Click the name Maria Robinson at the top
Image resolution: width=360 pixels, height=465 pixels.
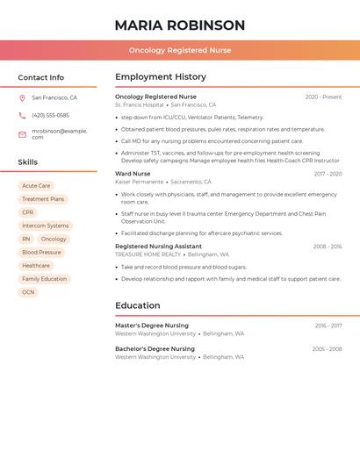(179, 25)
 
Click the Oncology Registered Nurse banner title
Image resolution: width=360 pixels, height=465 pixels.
(179, 50)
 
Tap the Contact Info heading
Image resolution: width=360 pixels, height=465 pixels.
(40, 77)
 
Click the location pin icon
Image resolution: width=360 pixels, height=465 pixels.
(23, 98)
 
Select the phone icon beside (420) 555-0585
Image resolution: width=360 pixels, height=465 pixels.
(23, 115)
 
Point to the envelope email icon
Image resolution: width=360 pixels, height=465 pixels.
(23, 133)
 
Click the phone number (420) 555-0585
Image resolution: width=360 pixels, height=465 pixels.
(50, 115)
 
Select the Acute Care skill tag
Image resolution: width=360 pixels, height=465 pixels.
(36, 186)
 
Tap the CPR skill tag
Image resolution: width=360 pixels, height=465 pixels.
(28, 212)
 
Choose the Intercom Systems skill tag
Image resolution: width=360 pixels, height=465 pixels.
(45, 225)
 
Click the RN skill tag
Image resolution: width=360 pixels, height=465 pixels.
(26, 239)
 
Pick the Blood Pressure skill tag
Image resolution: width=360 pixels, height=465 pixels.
(41, 252)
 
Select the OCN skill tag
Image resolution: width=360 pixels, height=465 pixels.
(28, 292)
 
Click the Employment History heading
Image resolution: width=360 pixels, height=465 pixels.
(161, 77)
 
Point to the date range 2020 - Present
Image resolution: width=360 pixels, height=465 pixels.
(323, 97)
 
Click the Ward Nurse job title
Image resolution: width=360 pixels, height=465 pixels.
(133, 174)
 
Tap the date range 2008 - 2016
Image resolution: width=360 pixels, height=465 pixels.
(327, 247)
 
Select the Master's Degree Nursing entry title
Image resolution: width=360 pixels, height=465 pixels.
(151, 325)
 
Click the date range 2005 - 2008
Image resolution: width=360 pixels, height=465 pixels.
(327, 349)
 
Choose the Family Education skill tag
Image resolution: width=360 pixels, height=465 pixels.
(44, 279)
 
